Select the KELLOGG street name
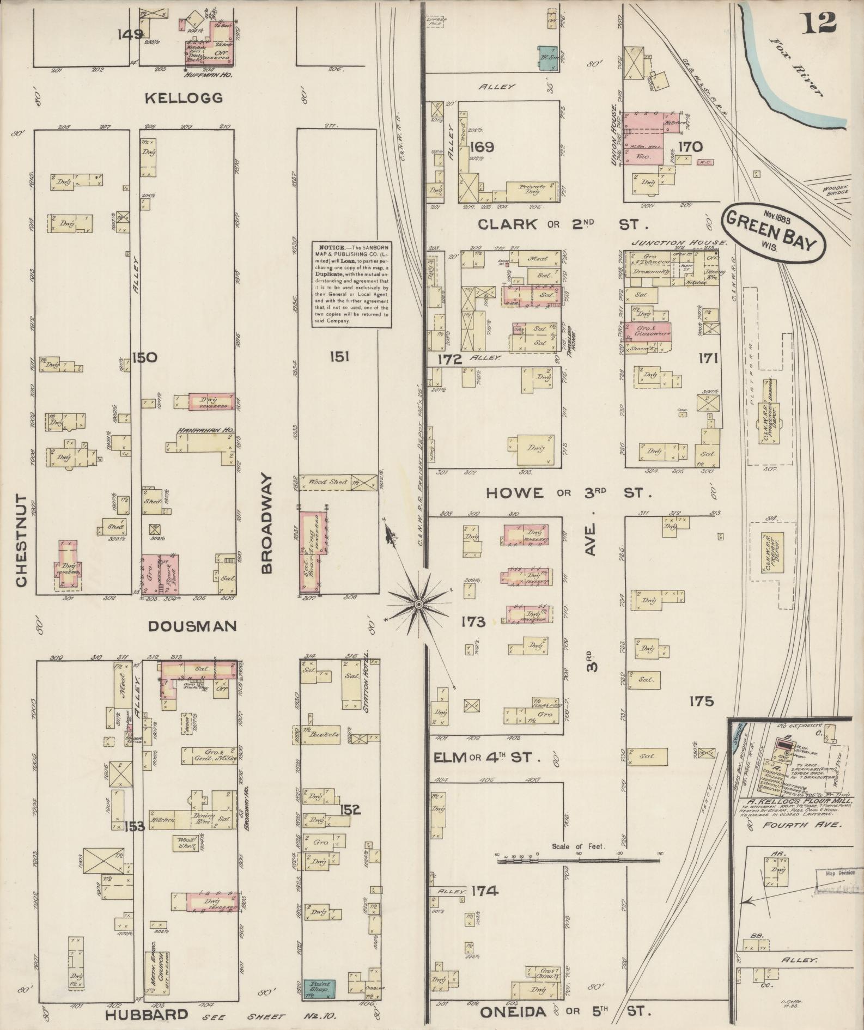[184, 98]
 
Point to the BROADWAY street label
[266, 523]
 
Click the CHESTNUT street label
[21, 540]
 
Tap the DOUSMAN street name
[193, 626]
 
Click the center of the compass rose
[418, 605]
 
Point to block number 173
[472, 621]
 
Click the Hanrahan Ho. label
[204, 430]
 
